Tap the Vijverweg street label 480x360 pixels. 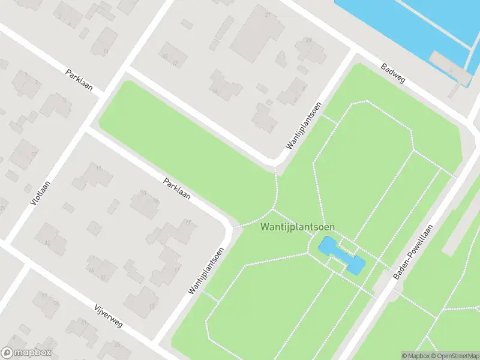(x=108, y=316)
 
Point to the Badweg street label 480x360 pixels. (x=393, y=76)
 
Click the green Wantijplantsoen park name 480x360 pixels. (x=298, y=227)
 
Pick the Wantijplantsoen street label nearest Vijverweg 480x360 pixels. (x=206, y=271)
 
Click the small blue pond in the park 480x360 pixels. (x=341, y=255)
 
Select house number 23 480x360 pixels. (x=308, y=40)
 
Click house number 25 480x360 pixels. (x=118, y=344)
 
